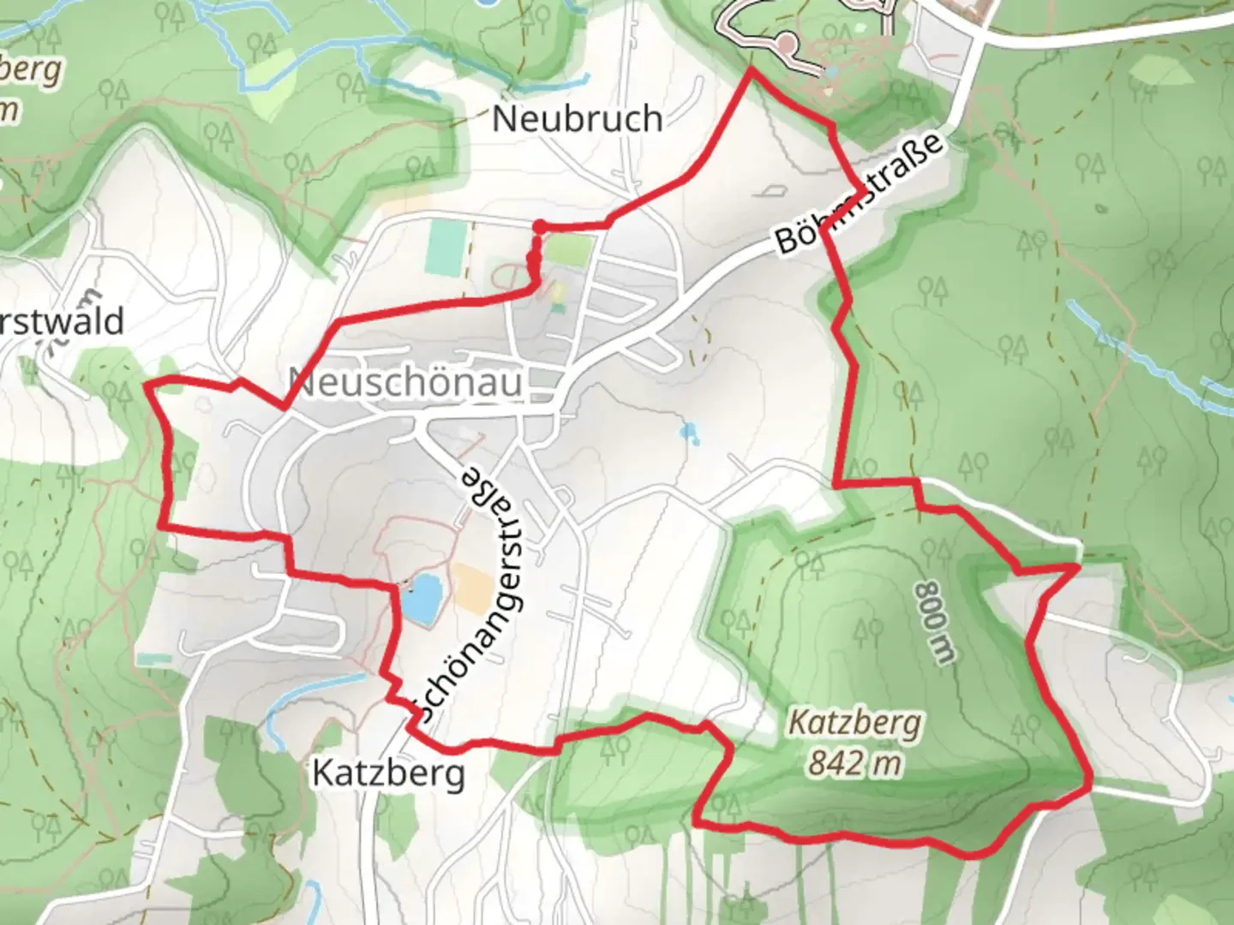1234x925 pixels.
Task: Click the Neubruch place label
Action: click(x=577, y=118)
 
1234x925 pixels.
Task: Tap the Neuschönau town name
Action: click(x=404, y=381)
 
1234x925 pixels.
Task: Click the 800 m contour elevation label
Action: click(x=934, y=623)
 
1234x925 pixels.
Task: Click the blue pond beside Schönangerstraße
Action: click(x=422, y=599)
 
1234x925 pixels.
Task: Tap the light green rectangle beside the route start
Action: click(x=569, y=249)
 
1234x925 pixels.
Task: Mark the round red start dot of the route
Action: click(x=540, y=226)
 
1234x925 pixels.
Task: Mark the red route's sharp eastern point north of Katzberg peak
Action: click(x=1077, y=566)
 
